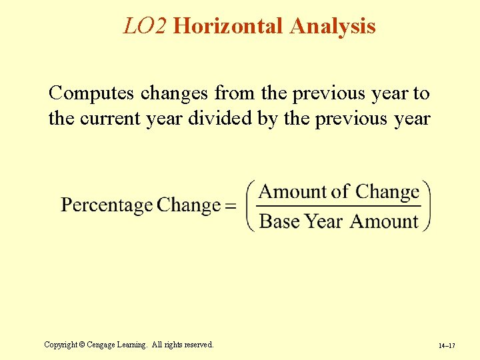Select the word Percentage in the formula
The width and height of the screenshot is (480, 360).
(x=107, y=205)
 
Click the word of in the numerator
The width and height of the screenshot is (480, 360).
(x=340, y=192)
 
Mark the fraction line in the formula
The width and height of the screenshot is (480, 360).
(x=339, y=207)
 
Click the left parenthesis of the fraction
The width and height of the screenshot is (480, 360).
(x=251, y=206)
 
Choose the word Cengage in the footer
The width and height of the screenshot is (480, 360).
(x=104, y=345)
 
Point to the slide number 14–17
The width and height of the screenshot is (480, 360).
(x=447, y=346)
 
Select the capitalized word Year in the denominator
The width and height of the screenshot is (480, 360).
(x=324, y=221)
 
